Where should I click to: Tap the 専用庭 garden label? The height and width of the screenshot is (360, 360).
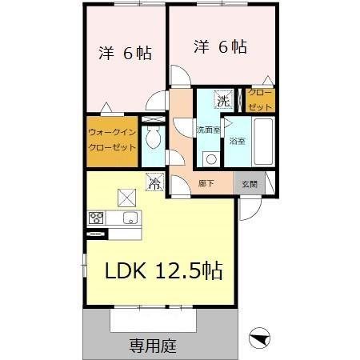coord(153,346)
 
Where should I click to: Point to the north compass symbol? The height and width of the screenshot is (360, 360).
coord(260,338)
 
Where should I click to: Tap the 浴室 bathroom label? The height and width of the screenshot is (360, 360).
coord(237,142)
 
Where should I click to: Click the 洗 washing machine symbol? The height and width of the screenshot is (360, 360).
coord(225,101)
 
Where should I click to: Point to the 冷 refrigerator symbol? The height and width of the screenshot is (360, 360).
coord(154,183)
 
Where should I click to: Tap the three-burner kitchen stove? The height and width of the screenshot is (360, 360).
coord(97,218)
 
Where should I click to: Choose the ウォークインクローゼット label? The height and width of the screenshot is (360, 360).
coord(112,142)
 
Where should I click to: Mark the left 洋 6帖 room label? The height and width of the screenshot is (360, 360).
coord(126,54)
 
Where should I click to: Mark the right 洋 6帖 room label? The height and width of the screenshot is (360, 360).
coord(219,47)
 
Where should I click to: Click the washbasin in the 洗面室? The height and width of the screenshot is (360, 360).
coord(210,158)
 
